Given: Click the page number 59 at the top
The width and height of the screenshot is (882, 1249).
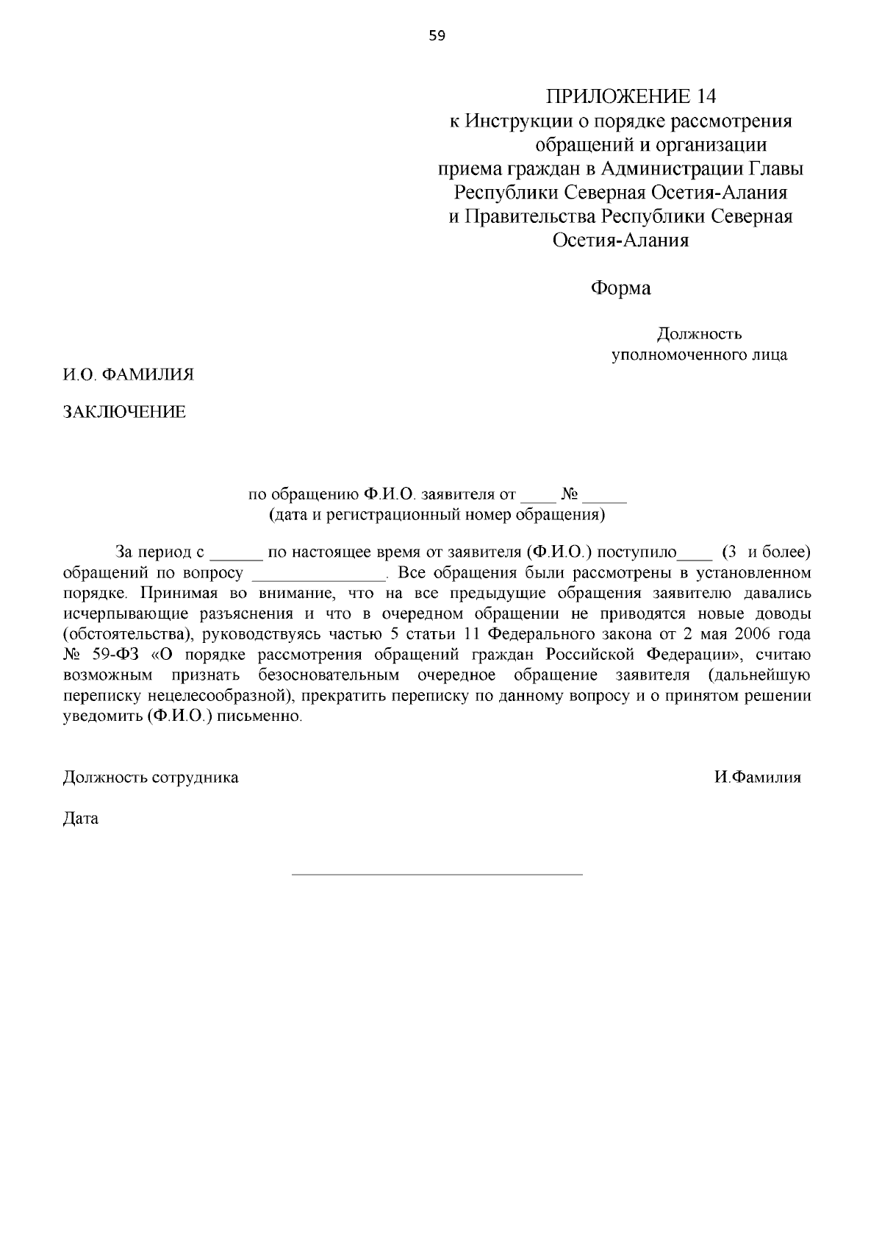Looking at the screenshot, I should tap(437, 35).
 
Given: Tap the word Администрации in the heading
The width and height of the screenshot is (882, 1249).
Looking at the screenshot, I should tap(672, 169).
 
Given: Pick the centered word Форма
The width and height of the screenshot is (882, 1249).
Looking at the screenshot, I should tap(621, 288).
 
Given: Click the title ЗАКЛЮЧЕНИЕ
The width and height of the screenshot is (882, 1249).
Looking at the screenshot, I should tap(124, 412).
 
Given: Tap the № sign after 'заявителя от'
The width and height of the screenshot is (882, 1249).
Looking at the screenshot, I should tap(570, 494).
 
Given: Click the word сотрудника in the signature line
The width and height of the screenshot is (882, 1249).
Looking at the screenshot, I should tap(195, 777).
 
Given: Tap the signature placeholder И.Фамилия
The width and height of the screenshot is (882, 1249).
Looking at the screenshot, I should tap(758, 777).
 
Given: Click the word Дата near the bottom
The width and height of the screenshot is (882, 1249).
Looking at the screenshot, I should tap(81, 819).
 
